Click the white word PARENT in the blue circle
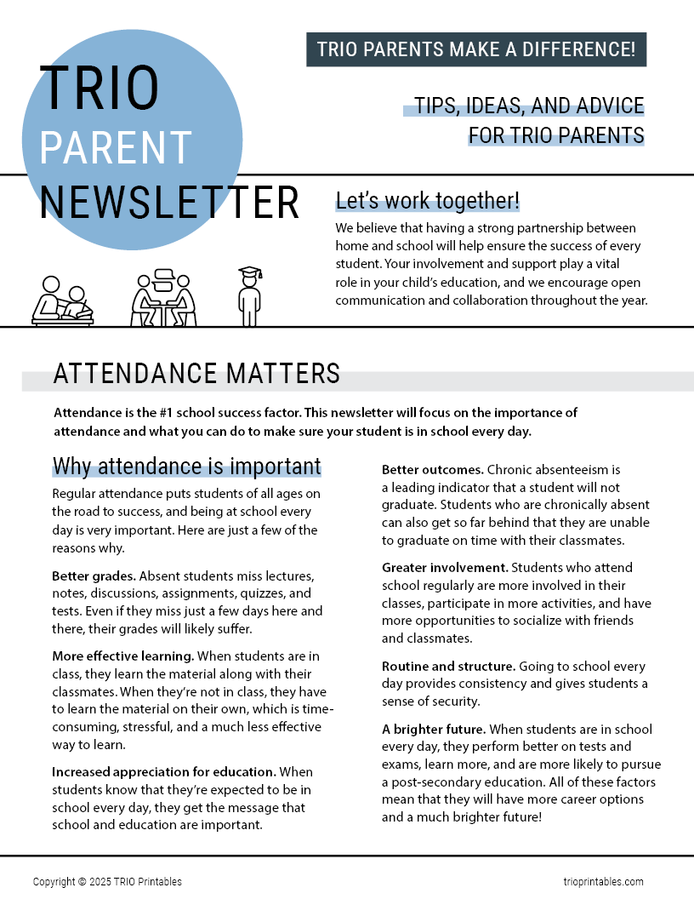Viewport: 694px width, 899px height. [x=116, y=147]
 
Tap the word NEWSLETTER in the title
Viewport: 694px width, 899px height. [x=169, y=203]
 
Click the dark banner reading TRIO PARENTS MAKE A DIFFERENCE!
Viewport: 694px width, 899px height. [x=476, y=49]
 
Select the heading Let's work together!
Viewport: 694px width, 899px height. [x=427, y=201]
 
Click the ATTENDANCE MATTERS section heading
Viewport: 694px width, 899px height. [x=196, y=374]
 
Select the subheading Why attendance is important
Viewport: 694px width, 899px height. [x=186, y=467]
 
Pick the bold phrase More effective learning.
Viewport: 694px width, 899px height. [x=123, y=656]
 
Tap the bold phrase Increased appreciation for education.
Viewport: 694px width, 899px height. [x=164, y=771]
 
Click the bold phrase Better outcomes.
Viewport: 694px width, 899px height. [x=432, y=470]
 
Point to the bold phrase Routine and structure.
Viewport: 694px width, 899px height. [x=447, y=666]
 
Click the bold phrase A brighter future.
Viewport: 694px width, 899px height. [x=434, y=729]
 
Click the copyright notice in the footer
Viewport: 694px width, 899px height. [x=107, y=882]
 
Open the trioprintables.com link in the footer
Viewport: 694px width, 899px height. [x=603, y=882]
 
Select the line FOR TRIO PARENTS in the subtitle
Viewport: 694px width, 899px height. [x=555, y=135]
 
